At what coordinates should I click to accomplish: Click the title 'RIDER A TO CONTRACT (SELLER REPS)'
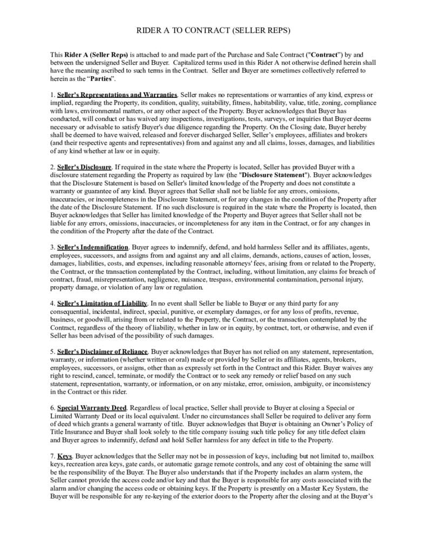(213, 31)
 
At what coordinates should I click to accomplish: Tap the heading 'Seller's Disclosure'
(84, 167)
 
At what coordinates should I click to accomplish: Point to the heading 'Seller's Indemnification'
(92, 247)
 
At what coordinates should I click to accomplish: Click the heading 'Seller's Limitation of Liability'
(102, 304)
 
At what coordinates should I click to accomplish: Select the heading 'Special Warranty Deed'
(92, 408)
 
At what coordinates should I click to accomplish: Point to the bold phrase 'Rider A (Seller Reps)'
(96, 55)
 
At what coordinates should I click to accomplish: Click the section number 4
(52, 304)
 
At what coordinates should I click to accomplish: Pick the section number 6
(52, 408)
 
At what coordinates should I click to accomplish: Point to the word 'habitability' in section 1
(286, 103)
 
